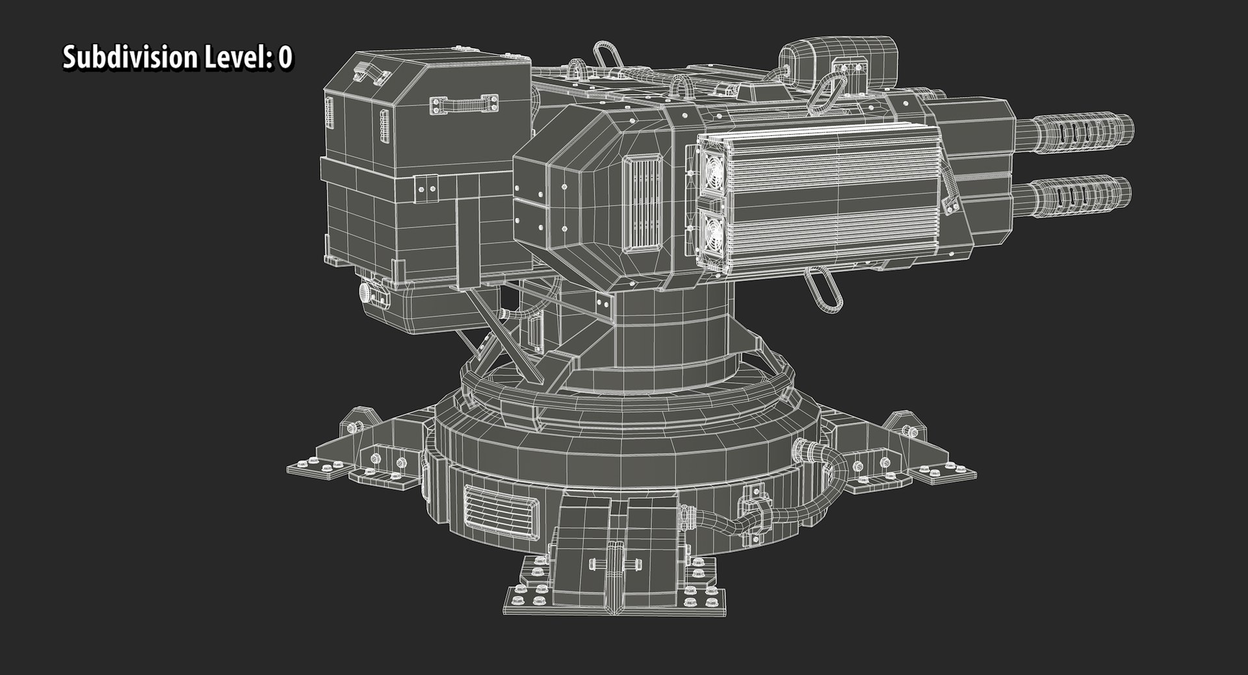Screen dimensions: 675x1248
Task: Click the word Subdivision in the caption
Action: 129,58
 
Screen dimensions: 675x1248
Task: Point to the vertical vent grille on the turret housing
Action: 642,204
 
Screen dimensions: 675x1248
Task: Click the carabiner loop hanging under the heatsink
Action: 823,290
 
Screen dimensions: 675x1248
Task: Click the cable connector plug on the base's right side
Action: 807,449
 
